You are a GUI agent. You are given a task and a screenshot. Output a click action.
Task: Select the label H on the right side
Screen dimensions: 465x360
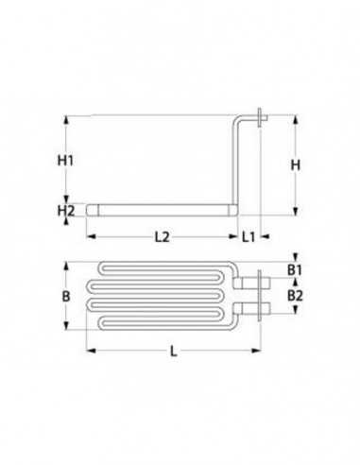coord(295,164)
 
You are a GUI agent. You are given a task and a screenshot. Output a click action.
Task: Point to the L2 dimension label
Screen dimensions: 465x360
coord(162,236)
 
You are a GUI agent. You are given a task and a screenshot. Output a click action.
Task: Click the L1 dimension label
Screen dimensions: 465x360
coord(247,236)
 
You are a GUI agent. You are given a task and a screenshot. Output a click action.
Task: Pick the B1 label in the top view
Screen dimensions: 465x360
coord(295,271)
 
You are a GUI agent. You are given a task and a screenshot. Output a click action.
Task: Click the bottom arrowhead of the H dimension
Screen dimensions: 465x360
coord(301,212)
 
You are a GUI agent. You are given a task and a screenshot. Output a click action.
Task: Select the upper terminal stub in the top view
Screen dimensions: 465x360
coord(251,282)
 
